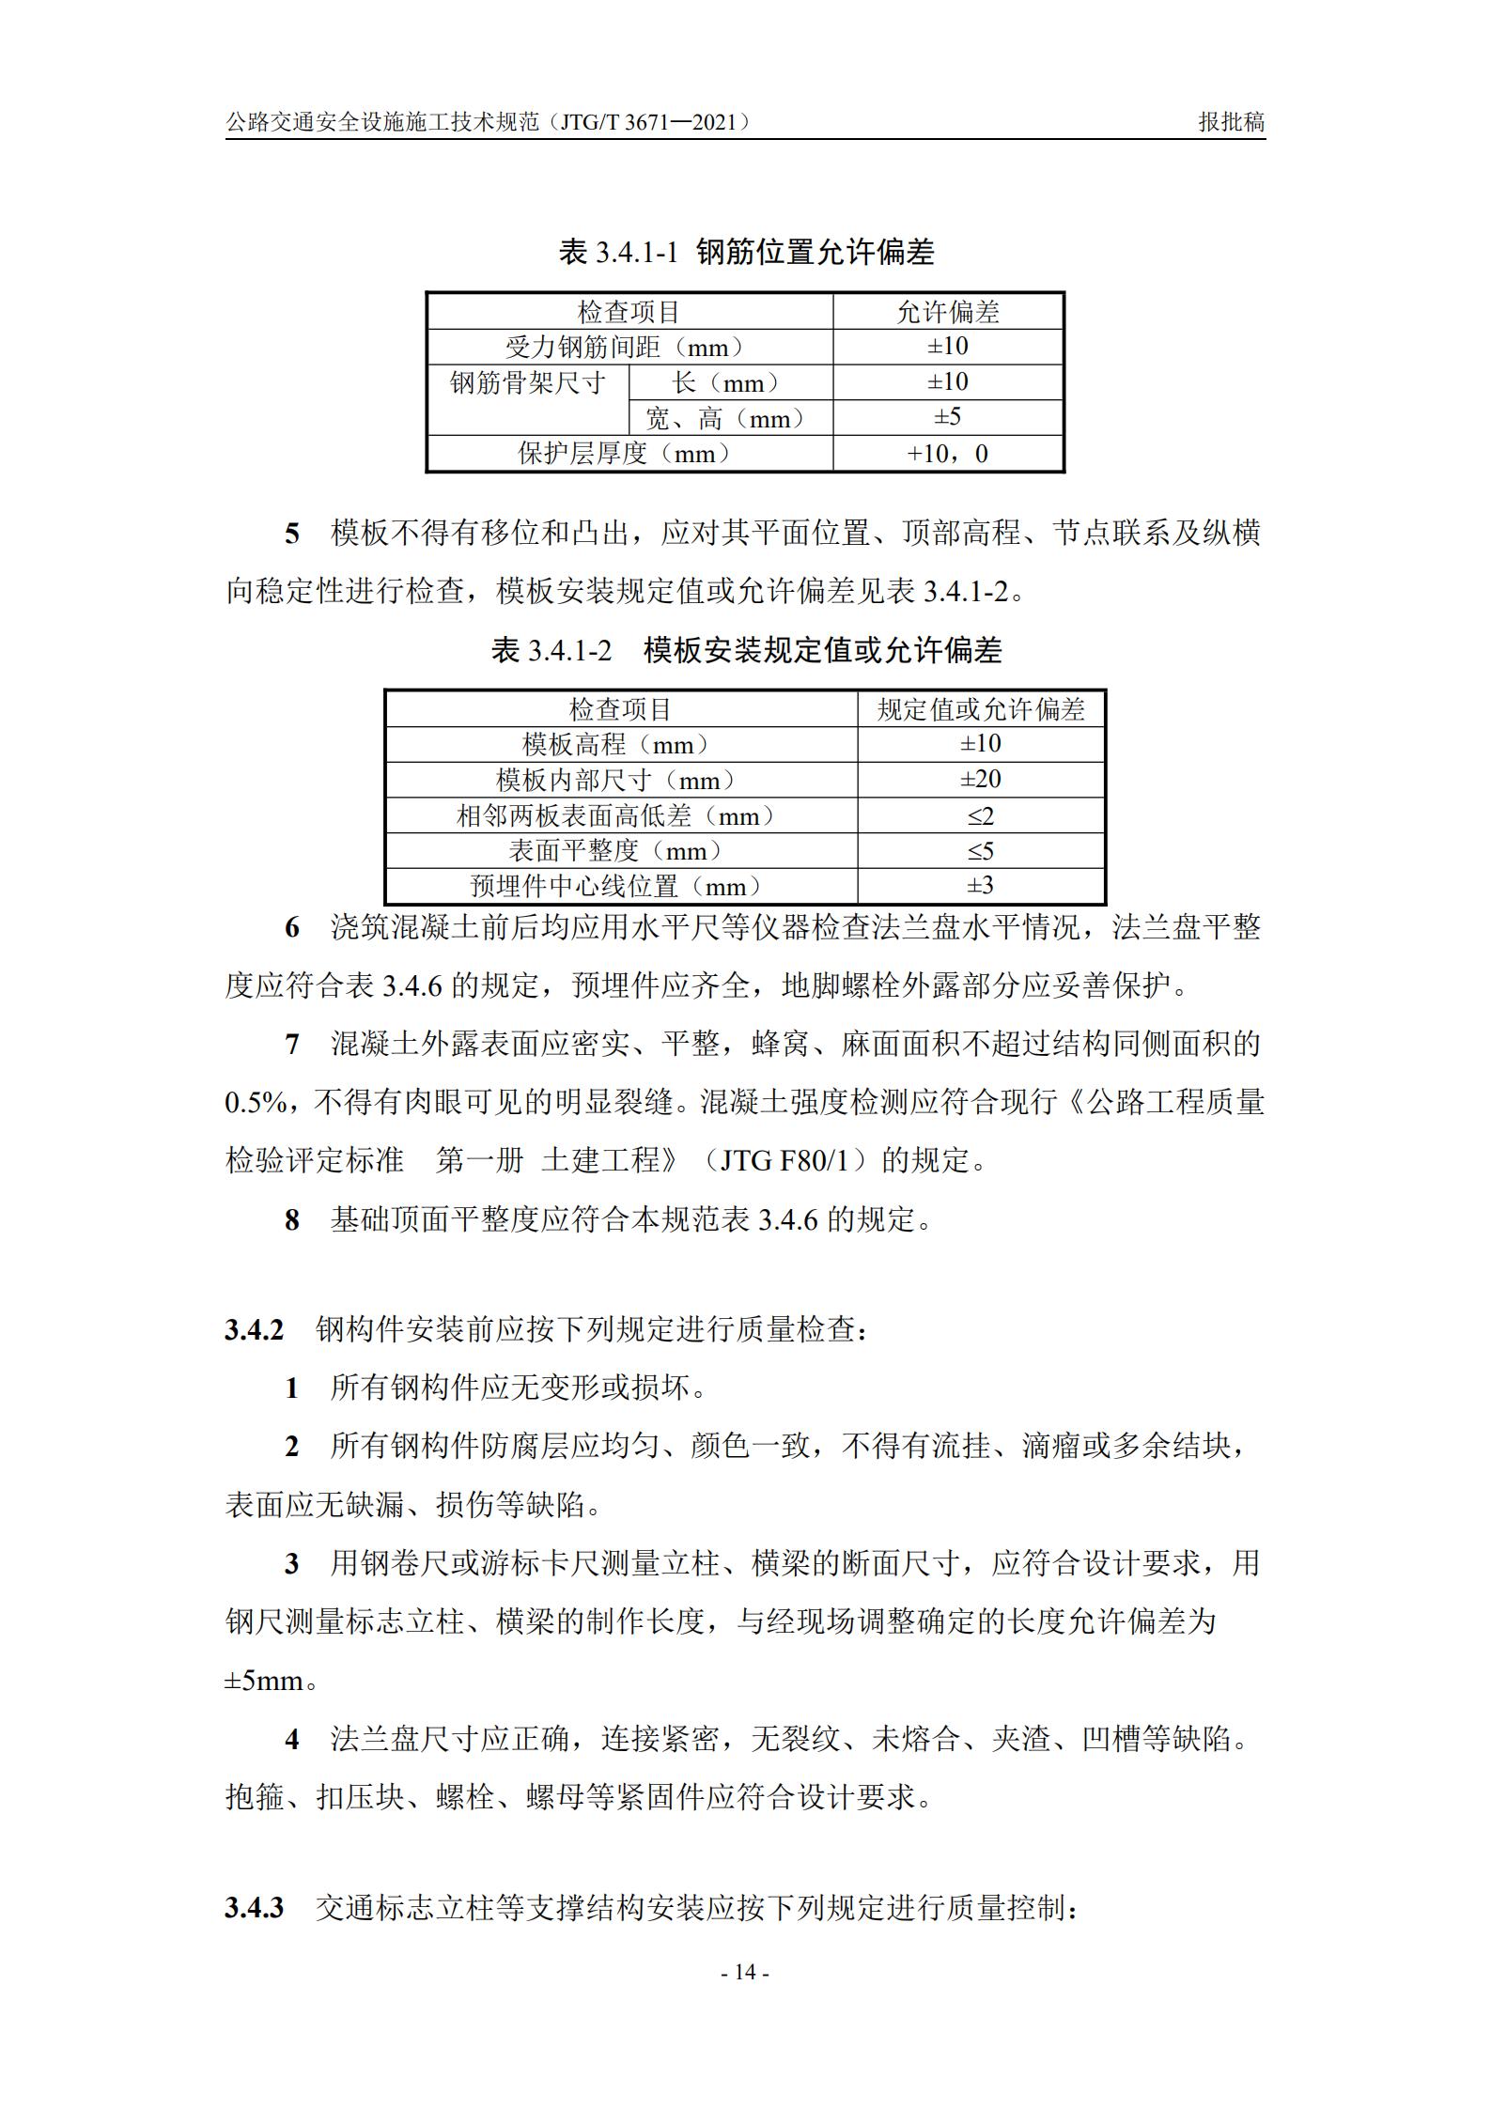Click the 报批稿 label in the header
pyautogui.click(x=1231, y=122)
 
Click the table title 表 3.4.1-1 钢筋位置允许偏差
pyautogui.click(x=746, y=252)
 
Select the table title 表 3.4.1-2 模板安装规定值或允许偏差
pyautogui.click(x=746, y=650)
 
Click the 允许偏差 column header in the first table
pyautogui.click(x=947, y=312)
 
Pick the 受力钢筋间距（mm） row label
pyautogui.click(x=629, y=347)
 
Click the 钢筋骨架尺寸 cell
pyautogui.click(x=528, y=383)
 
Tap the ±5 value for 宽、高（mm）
pyautogui.click(x=947, y=417)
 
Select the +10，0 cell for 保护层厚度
pyautogui.click(x=947, y=454)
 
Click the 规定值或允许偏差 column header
pyautogui.click(x=981, y=709)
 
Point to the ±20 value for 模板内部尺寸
pyautogui.click(x=981, y=780)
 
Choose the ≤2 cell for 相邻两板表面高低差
pyautogui.click(x=981, y=815)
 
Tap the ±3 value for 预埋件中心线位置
pyautogui.click(x=981, y=886)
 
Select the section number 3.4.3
pyautogui.click(x=254, y=1908)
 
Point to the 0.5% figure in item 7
pyautogui.click(x=256, y=1103)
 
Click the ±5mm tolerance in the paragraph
pyautogui.click(x=265, y=1681)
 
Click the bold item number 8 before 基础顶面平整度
pyautogui.click(x=292, y=1220)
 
